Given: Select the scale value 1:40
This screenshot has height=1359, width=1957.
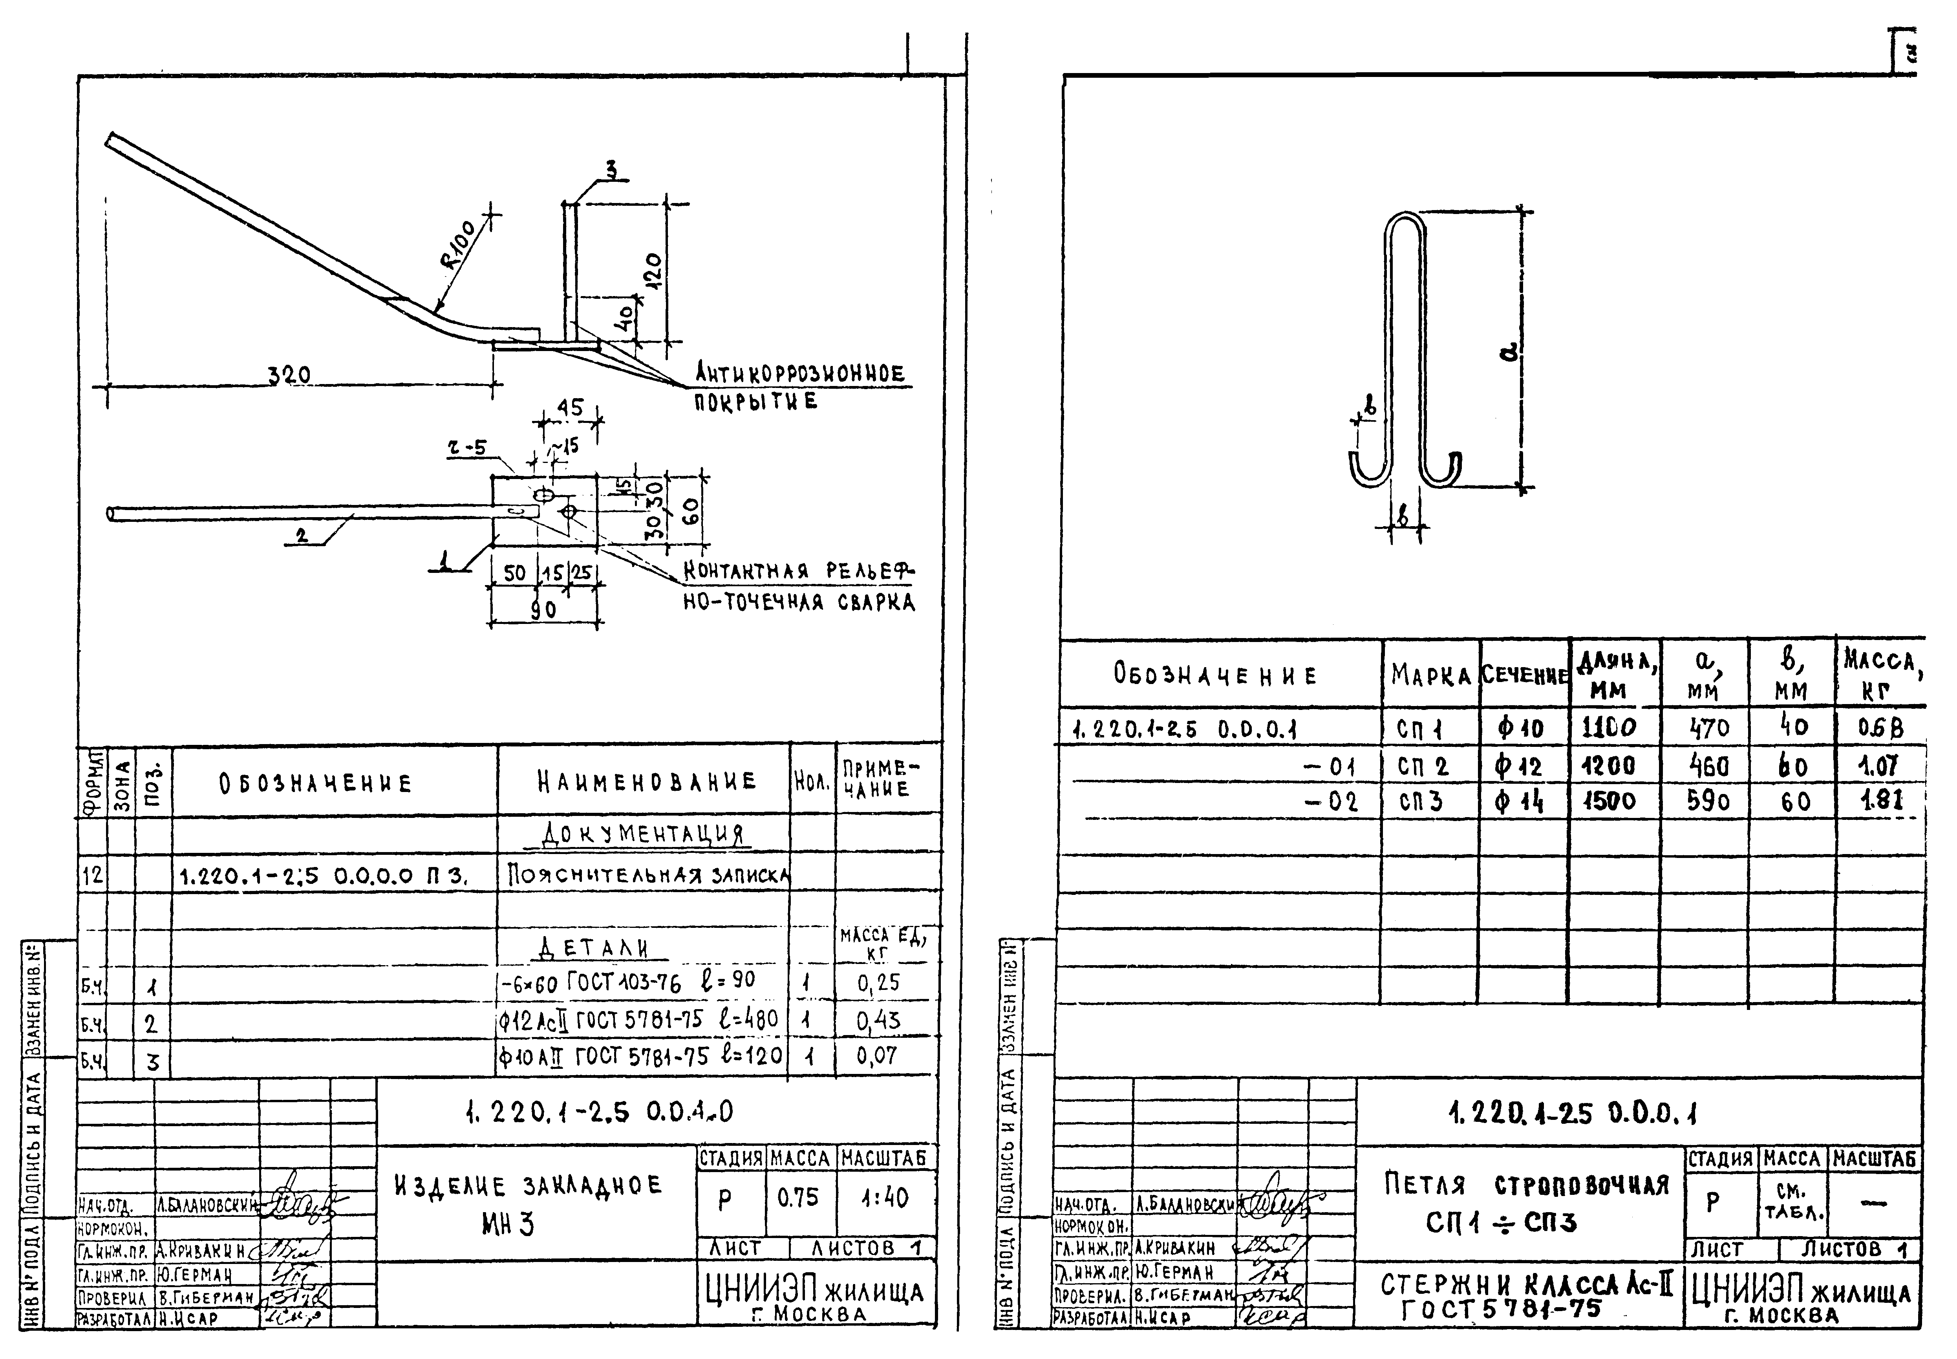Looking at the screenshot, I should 884,1198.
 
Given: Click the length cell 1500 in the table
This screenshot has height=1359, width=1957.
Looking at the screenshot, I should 1611,801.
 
